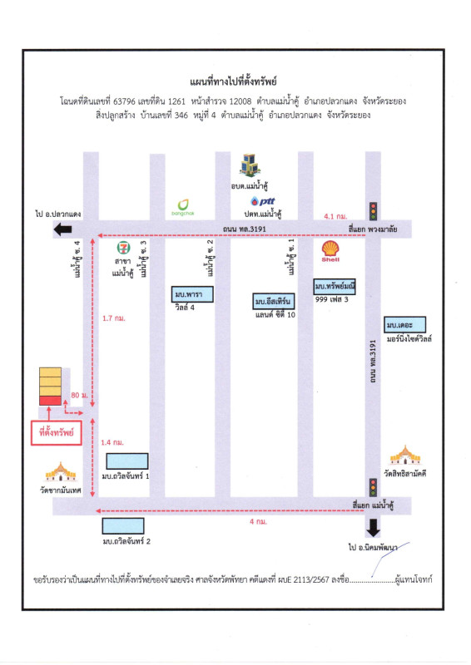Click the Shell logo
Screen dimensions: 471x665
point(330,251)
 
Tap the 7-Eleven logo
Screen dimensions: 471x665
point(123,248)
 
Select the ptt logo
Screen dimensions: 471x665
point(263,201)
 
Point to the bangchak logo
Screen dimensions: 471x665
point(183,207)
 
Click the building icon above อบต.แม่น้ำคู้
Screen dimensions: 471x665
point(250,165)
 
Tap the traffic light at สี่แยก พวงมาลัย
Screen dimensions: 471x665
point(373,211)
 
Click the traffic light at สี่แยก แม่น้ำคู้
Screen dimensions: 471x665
point(373,488)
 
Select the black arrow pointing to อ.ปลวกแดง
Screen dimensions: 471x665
point(63,230)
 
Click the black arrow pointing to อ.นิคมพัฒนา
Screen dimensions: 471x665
point(373,528)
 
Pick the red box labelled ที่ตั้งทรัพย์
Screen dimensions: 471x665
point(57,432)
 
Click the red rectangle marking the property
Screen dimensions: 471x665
point(50,401)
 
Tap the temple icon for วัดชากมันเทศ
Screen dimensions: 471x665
point(61,472)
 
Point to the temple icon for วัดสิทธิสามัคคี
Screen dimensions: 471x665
point(405,456)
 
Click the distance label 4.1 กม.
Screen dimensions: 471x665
point(335,216)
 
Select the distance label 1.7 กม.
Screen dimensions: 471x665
point(114,318)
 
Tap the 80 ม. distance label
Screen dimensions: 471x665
point(79,396)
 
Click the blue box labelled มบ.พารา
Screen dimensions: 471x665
point(192,294)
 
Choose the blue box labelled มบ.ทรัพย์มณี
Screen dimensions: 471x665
point(335,286)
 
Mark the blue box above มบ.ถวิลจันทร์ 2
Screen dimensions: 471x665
point(123,526)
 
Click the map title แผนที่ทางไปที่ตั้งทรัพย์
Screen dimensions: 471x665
point(233,81)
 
